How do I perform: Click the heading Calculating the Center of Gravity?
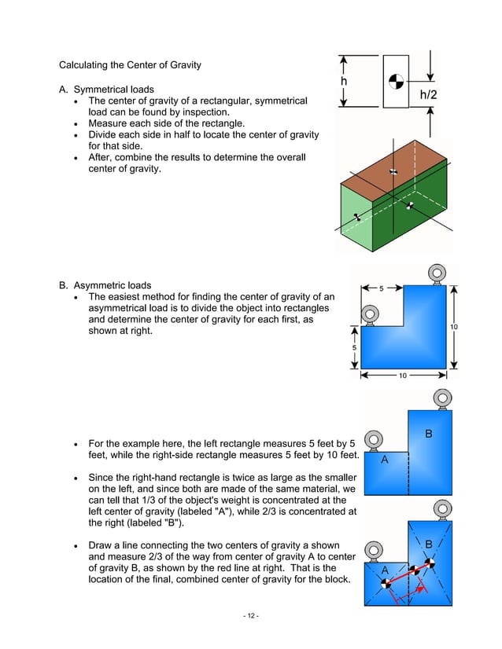tap(130, 64)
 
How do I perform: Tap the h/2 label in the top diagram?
tap(429, 95)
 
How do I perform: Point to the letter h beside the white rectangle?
tap(344, 81)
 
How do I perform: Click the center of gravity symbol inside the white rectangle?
tap(395, 80)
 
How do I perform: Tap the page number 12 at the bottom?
tap(250, 615)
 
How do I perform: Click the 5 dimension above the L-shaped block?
tap(382, 288)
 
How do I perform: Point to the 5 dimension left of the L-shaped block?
tap(354, 348)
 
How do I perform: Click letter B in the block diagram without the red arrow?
tap(428, 433)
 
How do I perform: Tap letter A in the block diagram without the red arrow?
tap(384, 460)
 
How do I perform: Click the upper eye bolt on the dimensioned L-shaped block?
tap(434, 274)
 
